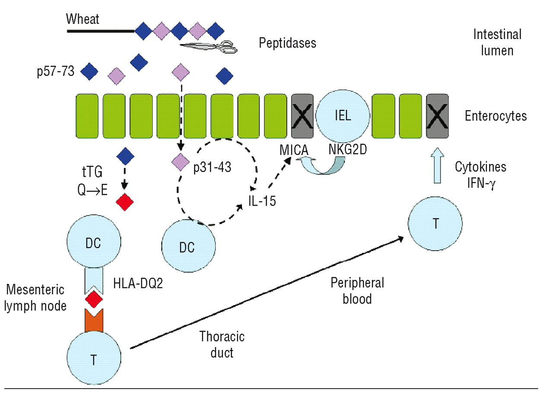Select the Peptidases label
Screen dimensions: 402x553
pos(287,43)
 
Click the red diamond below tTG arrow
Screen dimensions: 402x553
pos(124,202)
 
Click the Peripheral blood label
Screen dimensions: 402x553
pos(351,290)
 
